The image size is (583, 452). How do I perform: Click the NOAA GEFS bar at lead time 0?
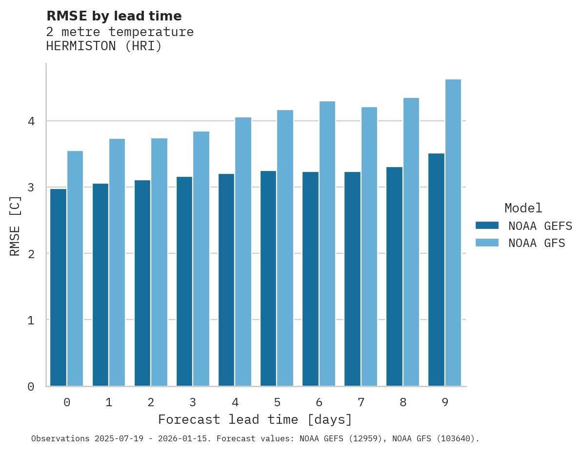click(x=58, y=287)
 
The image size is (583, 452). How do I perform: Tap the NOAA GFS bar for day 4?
click(x=243, y=252)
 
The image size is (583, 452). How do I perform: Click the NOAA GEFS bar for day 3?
click(x=184, y=282)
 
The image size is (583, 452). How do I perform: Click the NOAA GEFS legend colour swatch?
click(x=487, y=226)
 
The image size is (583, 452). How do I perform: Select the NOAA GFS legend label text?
click(x=537, y=243)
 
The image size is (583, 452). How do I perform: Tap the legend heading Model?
click(x=523, y=208)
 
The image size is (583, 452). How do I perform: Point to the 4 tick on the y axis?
click(x=31, y=121)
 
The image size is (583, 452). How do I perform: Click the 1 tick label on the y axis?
click(x=31, y=320)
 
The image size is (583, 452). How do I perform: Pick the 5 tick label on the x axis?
click(x=277, y=402)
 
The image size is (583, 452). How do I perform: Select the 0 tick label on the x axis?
click(x=67, y=402)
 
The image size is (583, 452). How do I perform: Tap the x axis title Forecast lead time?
click(x=255, y=419)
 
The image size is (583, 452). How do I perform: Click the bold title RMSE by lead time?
click(x=114, y=16)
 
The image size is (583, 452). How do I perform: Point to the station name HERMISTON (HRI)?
click(x=103, y=46)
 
